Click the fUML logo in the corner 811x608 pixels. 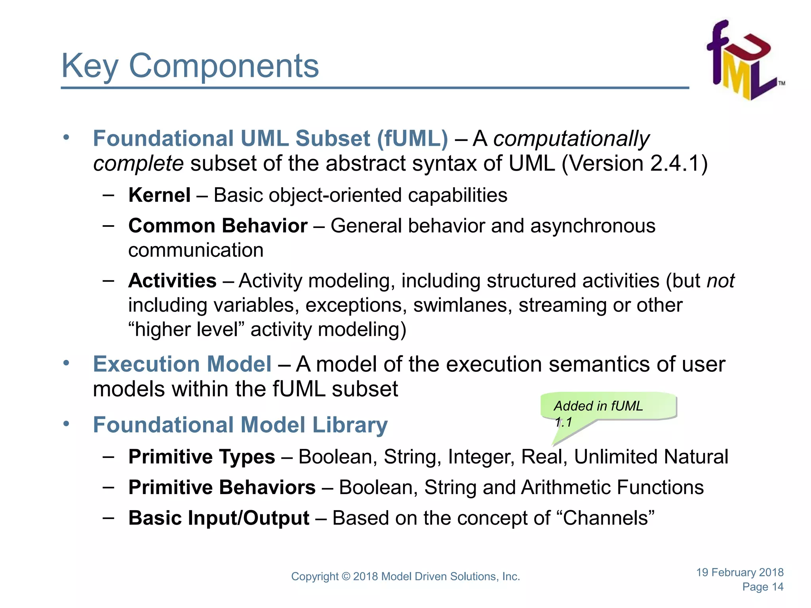(744, 60)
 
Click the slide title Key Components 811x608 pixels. (190, 66)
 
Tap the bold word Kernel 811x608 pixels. (159, 195)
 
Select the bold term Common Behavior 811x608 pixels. (218, 226)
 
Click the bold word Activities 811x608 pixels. (172, 281)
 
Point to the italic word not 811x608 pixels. (721, 281)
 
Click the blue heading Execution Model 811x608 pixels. (182, 364)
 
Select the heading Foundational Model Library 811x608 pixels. (240, 425)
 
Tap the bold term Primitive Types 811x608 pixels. (202, 456)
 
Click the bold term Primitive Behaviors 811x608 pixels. (222, 487)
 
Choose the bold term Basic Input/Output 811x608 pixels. (219, 518)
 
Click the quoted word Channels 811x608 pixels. (608, 518)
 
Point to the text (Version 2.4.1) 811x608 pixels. (634, 163)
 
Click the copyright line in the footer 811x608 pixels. (405, 576)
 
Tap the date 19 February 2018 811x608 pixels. (740, 572)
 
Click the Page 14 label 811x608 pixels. (763, 587)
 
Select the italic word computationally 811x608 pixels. (571, 139)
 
